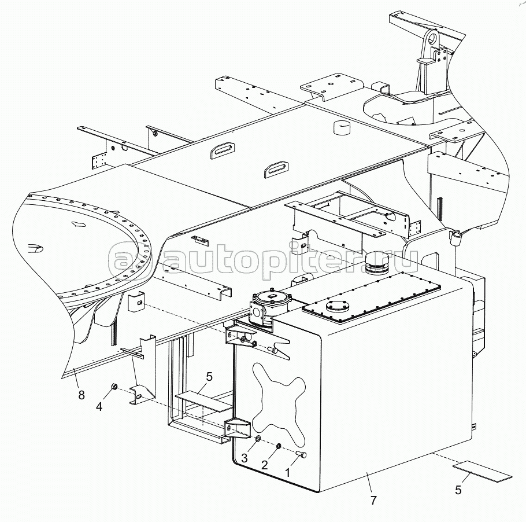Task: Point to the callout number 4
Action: [x=99, y=406]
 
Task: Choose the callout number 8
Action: [x=81, y=395]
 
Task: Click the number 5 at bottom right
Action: [x=458, y=490]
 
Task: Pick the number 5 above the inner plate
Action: [x=209, y=376]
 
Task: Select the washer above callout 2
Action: [x=278, y=447]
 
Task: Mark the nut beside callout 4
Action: [x=114, y=386]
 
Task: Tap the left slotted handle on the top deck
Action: [x=222, y=149]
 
